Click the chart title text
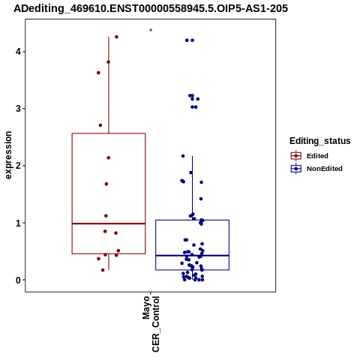[x=151, y=8]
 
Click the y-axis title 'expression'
[x=8, y=155]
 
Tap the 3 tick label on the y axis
[x=18, y=109]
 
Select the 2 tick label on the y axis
[x=18, y=166]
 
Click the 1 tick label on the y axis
[x=18, y=223]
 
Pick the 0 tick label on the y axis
[x=18, y=280]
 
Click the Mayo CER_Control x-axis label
[x=151, y=324]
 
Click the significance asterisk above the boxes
[x=151, y=31]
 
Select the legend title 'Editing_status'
[x=320, y=141]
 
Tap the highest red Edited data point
[x=116, y=37]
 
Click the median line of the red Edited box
[x=109, y=223]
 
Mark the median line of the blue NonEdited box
[x=192, y=256]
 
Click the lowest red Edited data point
[x=103, y=270]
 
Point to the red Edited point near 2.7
[x=100, y=125]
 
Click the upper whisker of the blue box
[x=192, y=188]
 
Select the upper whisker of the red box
[x=109, y=85]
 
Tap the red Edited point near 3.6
[x=98, y=73]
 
